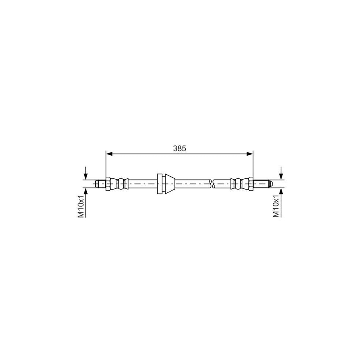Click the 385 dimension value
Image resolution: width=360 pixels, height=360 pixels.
click(180, 148)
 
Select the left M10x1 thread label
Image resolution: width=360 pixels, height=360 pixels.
click(81, 207)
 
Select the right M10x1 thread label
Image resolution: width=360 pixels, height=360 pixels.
click(276, 207)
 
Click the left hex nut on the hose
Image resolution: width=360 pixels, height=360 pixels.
click(108, 184)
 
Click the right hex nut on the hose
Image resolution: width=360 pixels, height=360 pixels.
click(251, 184)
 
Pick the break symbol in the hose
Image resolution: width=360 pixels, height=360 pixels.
click(213, 184)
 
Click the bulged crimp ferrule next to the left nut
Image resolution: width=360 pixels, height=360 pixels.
click(119, 184)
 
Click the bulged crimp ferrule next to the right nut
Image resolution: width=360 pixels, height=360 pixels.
click(239, 184)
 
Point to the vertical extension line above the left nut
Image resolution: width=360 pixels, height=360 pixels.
click(106, 164)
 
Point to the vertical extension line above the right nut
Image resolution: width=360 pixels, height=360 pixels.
click(253, 164)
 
